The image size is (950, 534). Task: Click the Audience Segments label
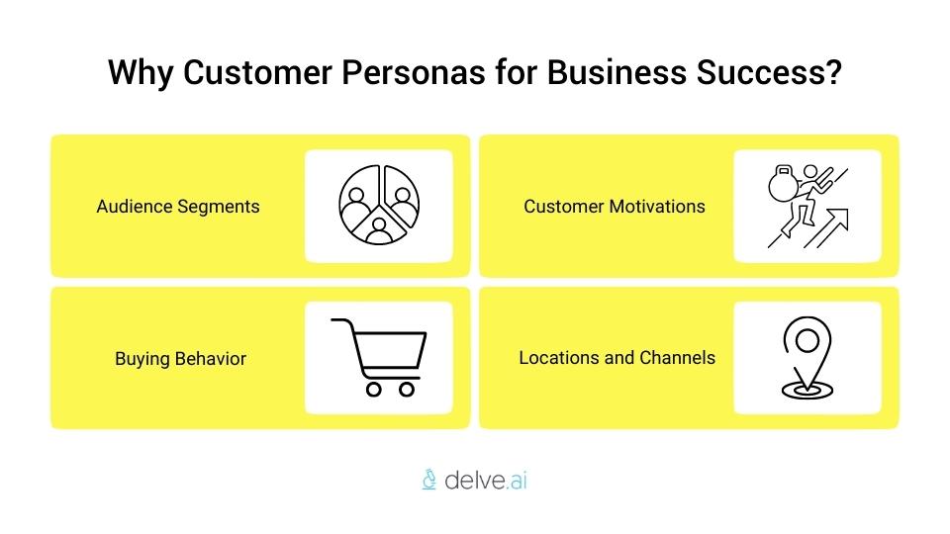178,207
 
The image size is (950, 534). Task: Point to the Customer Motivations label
615,207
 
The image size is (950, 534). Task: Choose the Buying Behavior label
180,358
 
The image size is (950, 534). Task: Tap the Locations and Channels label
617,357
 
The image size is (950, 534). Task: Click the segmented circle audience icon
378,206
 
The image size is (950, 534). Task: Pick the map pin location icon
807,357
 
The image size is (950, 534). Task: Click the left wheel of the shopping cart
374,389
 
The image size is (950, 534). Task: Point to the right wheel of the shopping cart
407,389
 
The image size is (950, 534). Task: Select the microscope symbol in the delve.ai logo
428,481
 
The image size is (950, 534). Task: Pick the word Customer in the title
254,73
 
